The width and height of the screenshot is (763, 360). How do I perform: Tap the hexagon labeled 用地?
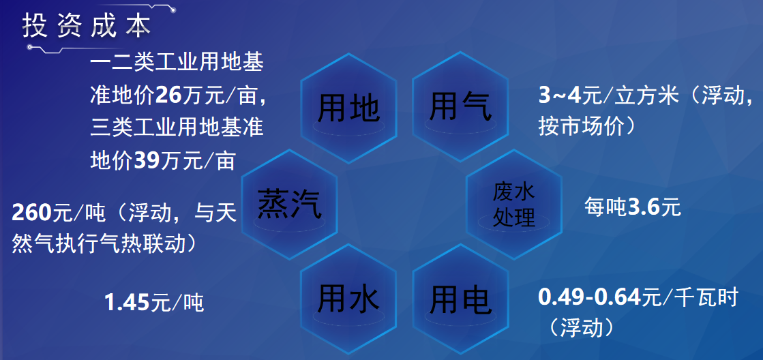[348, 108]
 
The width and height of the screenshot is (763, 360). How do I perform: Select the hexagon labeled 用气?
[460, 107]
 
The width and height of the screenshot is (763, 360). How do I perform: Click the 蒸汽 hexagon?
[289, 205]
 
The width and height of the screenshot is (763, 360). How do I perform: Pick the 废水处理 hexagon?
[514, 205]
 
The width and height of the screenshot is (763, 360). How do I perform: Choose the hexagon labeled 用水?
[348, 299]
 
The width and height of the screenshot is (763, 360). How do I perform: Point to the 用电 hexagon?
[460, 299]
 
